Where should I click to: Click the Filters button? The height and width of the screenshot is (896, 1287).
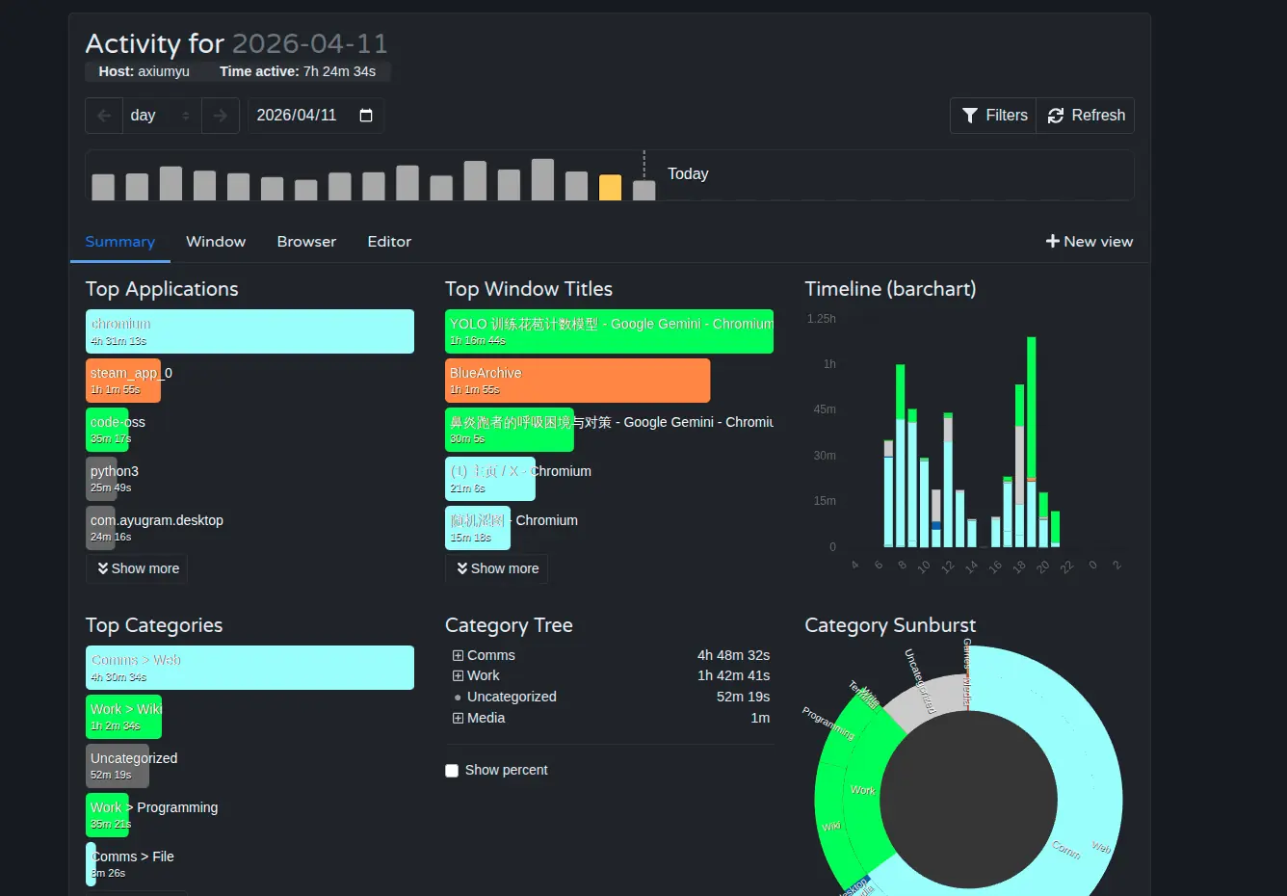tap(994, 116)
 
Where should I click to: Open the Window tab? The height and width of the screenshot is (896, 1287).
tap(216, 242)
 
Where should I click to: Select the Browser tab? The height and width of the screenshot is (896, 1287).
tap(306, 242)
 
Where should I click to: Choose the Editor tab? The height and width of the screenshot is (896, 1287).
tap(389, 242)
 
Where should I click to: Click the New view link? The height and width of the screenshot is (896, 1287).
tap(1090, 242)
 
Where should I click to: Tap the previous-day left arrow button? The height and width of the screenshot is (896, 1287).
tap(104, 116)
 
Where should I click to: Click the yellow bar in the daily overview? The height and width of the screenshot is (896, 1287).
tap(610, 187)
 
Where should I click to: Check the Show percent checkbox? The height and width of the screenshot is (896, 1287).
tap(452, 771)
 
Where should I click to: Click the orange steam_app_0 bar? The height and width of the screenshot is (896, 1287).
tap(123, 381)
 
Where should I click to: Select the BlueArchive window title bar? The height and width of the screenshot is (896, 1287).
tap(577, 381)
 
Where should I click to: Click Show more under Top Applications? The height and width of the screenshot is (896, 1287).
tap(138, 568)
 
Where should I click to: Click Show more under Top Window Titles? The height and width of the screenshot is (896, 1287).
tap(497, 568)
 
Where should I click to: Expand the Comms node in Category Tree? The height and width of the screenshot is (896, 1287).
tap(459, 656)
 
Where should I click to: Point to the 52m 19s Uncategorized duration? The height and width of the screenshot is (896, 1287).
tap(743, 697)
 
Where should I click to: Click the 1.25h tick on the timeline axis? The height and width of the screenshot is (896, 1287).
tap(822, 319)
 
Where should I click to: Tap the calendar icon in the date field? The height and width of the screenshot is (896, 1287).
tap(366, 116)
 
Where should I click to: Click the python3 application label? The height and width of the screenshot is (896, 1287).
tap(115, 471)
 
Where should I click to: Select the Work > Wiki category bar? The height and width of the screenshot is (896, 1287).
tap(124, 717)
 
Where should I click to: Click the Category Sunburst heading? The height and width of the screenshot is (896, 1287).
tap(890, 625)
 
